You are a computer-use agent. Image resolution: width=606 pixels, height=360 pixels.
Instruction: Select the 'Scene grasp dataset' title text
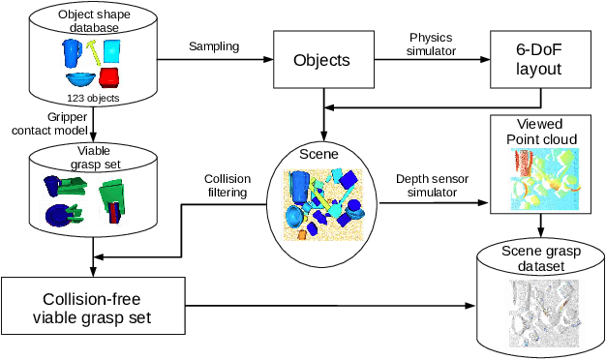tap(541, 259)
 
